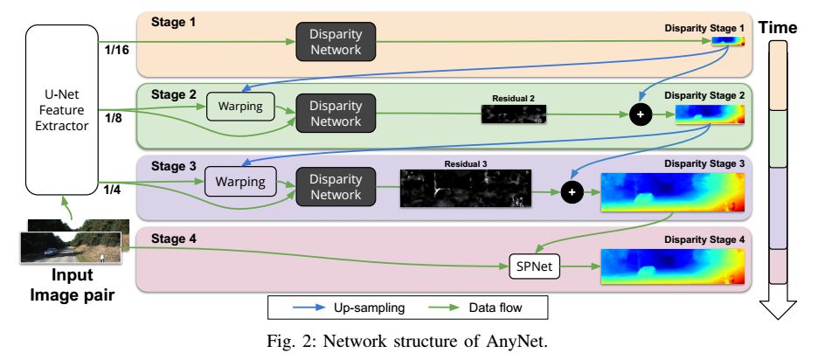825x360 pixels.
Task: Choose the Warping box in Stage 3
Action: click(x=239, y=185)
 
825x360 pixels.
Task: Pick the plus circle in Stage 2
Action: click(x=641, y=114)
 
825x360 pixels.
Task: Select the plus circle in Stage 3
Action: click(x=571, y=191)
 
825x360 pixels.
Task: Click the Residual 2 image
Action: click(x=513, y=114)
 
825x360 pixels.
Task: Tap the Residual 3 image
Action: click(x=464, y=188)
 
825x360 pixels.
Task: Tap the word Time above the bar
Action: click(x=777, y=28)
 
